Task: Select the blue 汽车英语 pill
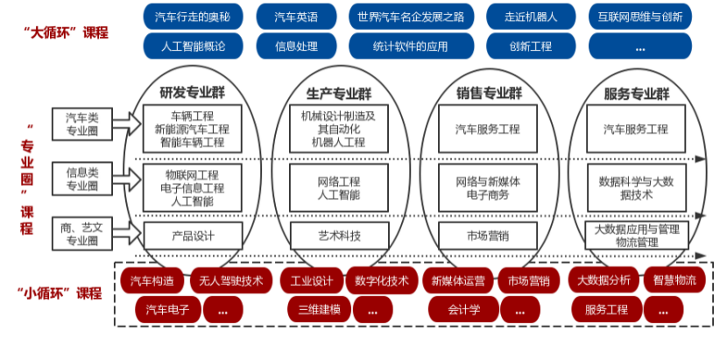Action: (296, 17)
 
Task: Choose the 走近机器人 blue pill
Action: (528, 17)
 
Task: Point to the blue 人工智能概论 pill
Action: (194, 45)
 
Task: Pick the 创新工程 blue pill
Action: (528, 45)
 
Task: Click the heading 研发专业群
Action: (193, 93)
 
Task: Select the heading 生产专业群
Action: (339, 93)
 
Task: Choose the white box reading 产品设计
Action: (193, 235)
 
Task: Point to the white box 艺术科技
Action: (339, 235)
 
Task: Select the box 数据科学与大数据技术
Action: (637, 187)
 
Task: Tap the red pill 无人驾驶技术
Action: (227, 280)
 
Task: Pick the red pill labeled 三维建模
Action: (319, 309)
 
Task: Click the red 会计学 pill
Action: (463, 309)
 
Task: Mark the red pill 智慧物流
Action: (674, 280)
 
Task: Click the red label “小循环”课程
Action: (60, 293)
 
